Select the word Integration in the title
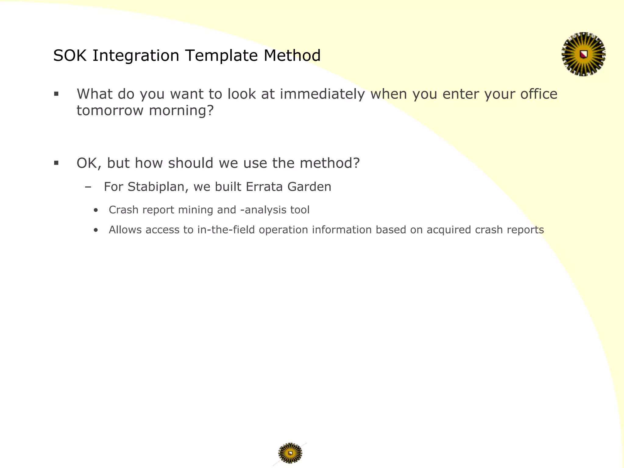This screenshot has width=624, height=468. click(136, 56)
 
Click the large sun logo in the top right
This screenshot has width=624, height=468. click(583, 54)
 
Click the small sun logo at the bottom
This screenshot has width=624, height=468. click(290, 453)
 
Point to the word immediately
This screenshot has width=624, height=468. click(322, 94)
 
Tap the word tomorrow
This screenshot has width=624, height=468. click(110, 110)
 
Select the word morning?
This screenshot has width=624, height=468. click(181, 110)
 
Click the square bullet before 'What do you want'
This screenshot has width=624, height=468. click(56, 94)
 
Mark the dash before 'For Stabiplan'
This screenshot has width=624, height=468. click(88, 187)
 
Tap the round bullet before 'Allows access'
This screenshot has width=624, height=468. click(96, 230)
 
